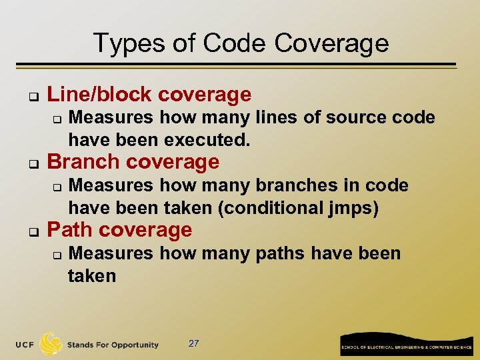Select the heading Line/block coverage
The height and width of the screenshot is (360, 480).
pos(149,95)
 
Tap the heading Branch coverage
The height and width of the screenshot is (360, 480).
pos(133,162)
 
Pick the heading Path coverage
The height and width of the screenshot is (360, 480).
pos(120,230)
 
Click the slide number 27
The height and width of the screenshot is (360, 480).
pos(193,343)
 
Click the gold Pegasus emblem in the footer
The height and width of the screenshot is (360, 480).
pos(51,344)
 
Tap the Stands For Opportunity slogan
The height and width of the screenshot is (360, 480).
pos(113,345)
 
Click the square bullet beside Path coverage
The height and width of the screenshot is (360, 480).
pos(31,231)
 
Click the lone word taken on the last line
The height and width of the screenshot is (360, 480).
pos(92,276)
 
